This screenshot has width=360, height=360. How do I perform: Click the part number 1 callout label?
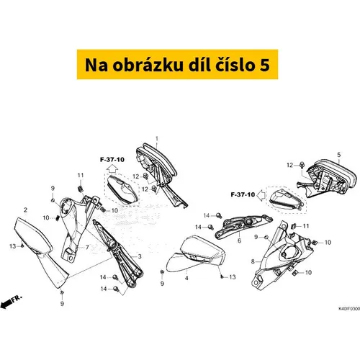click(x=157, y=139)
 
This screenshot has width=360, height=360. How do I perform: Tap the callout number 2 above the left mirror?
click(x=26, y=210)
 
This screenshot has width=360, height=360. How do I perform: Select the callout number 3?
click(x=140, y=256)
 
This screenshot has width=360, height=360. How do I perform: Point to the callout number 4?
click(x=186, y=278)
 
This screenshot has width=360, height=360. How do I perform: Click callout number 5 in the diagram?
click(x=339, y=155)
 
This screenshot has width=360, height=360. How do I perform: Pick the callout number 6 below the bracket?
click(x=239, y=240)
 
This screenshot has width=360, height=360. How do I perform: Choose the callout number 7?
click(x=87, y=247)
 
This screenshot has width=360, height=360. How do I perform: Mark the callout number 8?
click(x=253, y=261)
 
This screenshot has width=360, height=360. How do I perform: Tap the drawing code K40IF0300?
click(x=349, y=308)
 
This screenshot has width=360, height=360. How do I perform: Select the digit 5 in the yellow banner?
click(x=265, y=65)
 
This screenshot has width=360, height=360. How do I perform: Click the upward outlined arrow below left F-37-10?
click(x=112, y=169)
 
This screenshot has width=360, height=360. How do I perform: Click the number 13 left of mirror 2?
click(x=13, y=246)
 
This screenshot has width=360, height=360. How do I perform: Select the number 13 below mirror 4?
click(x=233, y=277)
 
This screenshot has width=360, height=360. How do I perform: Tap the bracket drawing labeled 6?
click(x=243, y=225)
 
